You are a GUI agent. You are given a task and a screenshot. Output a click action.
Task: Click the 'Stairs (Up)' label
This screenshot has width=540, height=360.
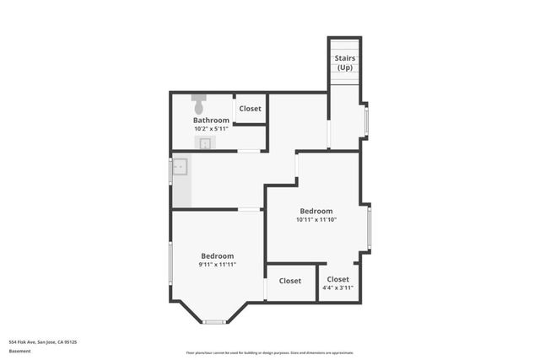point(344,62)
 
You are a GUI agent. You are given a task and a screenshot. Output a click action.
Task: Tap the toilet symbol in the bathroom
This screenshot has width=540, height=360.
point(198,105)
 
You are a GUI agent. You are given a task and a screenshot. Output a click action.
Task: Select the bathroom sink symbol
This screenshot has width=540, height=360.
point(205,143)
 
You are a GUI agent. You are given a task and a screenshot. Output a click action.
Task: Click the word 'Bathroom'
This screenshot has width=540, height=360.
point(211,121)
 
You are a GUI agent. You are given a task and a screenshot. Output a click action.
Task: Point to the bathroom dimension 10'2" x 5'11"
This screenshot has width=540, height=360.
point(211,129)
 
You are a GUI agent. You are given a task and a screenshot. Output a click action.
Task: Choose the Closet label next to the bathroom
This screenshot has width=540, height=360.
point(251,109)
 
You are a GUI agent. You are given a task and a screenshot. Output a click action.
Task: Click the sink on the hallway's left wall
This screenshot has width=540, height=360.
point(179,168)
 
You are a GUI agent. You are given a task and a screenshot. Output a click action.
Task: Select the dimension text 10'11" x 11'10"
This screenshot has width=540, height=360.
point(316,220)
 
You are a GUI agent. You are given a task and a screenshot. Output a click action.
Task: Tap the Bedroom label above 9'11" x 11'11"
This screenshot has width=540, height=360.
point(217,255)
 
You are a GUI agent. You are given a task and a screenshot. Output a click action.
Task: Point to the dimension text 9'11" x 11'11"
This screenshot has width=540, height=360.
point(217,265)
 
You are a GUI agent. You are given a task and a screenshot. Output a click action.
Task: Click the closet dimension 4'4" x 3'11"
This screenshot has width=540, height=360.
point(337,287)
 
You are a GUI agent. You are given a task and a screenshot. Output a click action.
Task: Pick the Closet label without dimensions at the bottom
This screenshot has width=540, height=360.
point(290,281)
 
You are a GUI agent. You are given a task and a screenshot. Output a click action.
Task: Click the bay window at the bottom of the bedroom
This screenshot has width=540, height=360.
point(214,321)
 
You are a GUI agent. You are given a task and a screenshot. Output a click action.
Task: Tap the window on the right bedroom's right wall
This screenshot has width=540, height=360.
point(369,228)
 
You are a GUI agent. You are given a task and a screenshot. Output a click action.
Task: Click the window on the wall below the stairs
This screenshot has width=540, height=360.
point(365,121)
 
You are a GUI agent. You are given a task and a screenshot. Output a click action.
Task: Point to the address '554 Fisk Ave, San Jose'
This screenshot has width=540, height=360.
point(43,342)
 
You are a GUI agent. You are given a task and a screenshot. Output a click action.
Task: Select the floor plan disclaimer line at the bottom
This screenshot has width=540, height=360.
point(270,352)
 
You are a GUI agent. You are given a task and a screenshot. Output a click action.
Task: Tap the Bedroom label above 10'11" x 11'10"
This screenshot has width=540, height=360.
point(316,211)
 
